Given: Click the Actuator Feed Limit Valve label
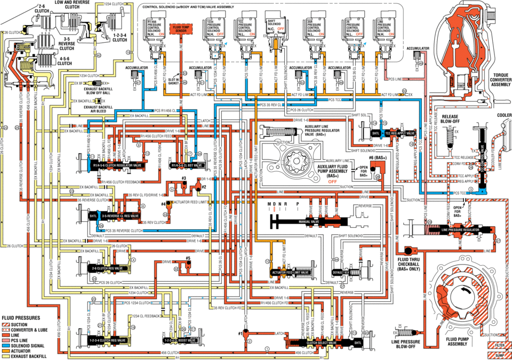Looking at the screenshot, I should pyautogui.click(x=290, y=272).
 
